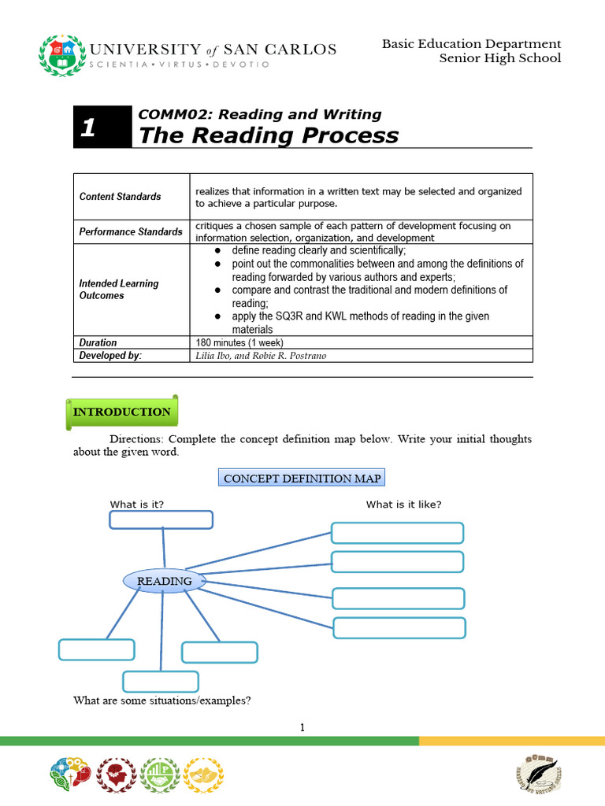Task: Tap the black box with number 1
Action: pos(102,127)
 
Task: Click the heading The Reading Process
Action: pos(269,135)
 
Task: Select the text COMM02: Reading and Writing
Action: pos(260,114)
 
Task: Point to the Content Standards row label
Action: pos(121,197)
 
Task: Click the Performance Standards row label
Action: pos(131,232)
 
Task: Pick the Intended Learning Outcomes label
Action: pos(119,289)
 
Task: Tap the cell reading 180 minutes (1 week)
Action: pos(239,342)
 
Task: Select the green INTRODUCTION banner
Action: pos(122,412)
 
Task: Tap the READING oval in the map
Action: pos(165,581)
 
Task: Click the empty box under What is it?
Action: pos(161,519)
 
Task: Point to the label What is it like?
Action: pos(403,505)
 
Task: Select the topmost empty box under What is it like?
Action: pos(398,533)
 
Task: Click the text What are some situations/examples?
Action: pos(161,700)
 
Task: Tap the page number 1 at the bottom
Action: pos(302,728)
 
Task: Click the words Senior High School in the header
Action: pos(499,58)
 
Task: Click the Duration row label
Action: pos(98,342)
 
